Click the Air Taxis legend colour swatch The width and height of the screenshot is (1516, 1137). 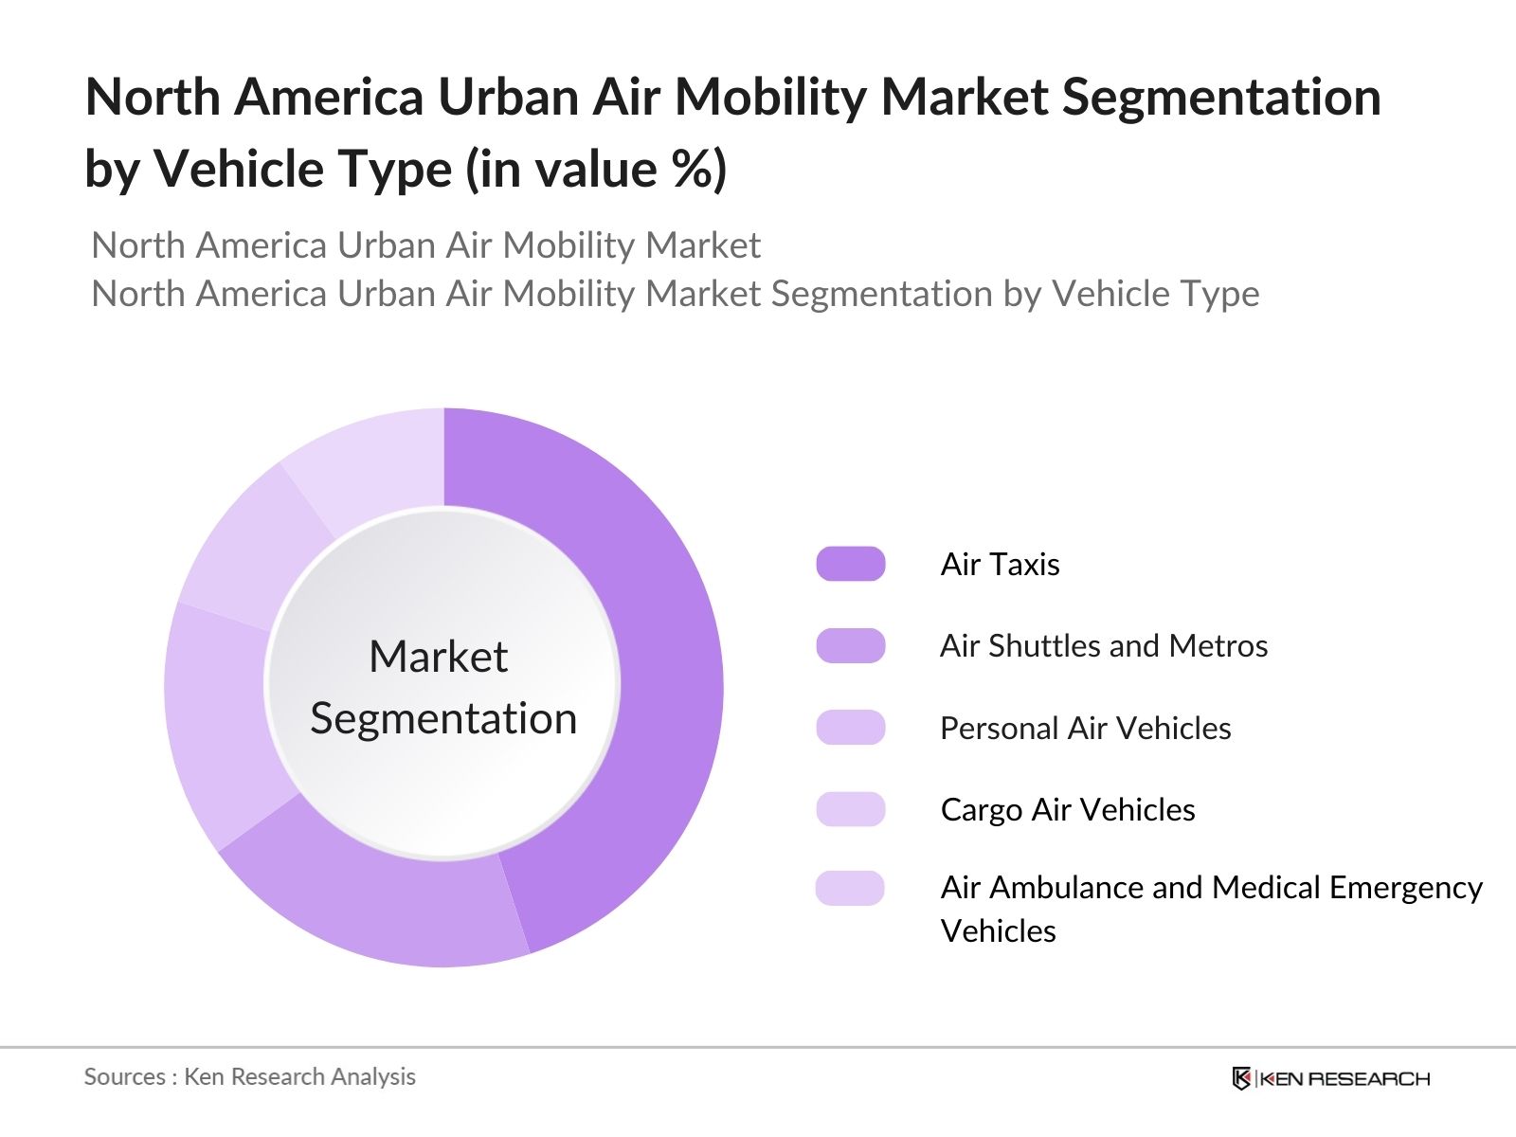[x=850, y=564]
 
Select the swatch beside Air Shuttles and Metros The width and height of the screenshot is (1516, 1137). [x=850, y=645]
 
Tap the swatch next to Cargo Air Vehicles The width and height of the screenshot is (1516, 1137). [x=850, y=809]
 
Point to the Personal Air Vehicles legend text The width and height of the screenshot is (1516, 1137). [x=1085, y=728]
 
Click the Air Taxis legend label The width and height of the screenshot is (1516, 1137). [x=1000, y=564]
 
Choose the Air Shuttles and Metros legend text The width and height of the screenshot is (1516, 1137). [x=1103, y=645]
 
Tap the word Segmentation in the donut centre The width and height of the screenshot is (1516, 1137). [x=443, y=718]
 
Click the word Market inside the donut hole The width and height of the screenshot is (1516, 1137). [x=438, y=657]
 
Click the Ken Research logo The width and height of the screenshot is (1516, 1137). [x=1330, y=1078]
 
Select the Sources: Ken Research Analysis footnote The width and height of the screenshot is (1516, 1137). [x=249, y=1076]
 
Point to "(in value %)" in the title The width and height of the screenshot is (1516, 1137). [x=596, y=169]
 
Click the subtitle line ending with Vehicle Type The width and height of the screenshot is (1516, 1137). [x=675, y=294]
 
